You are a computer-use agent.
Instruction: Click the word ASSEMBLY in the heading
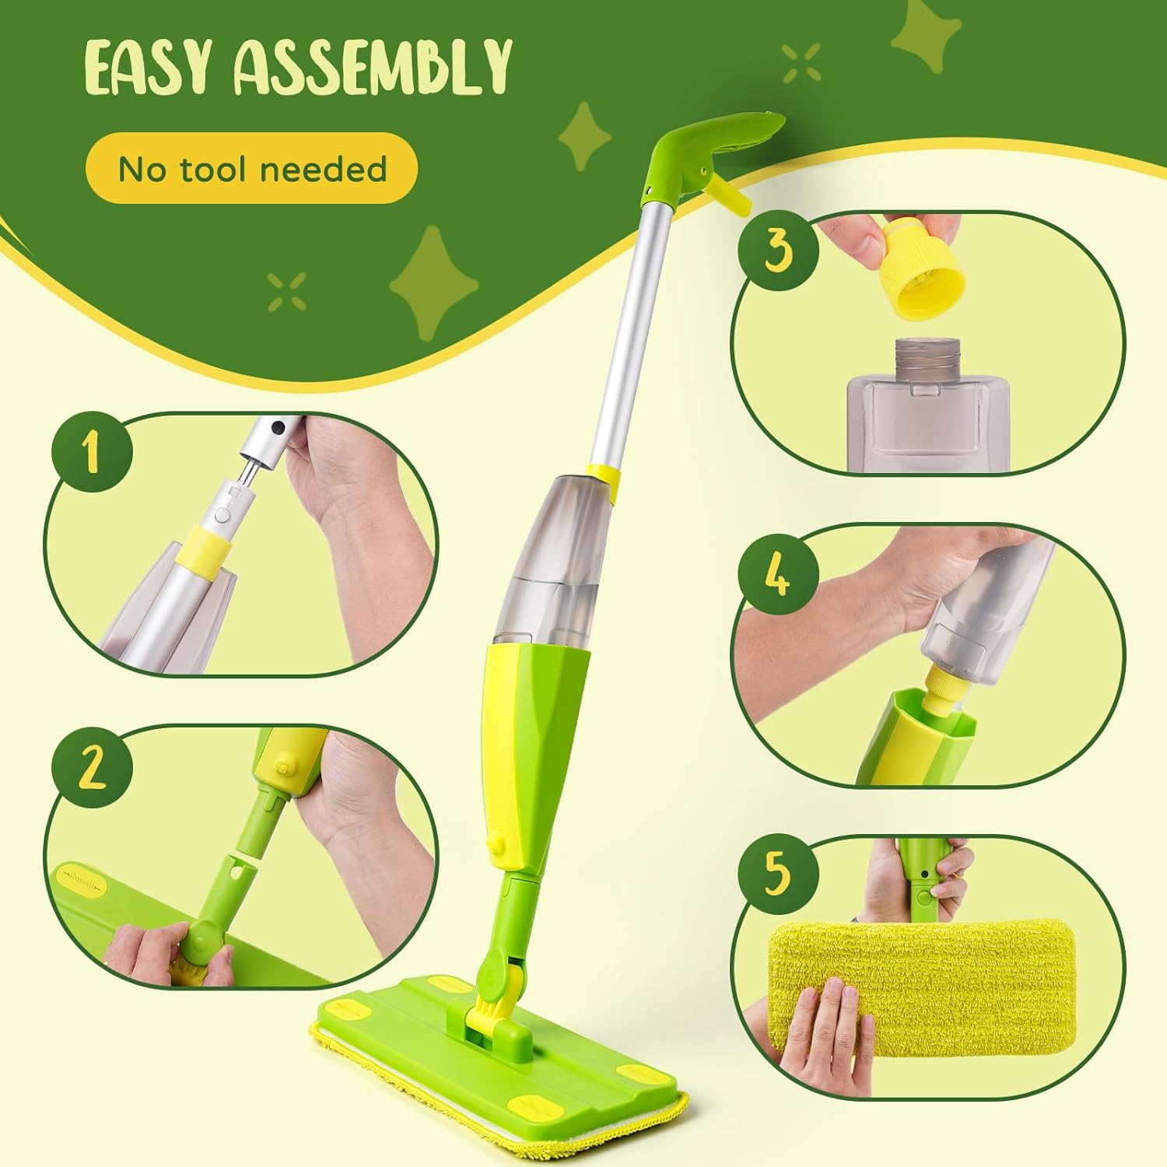373,68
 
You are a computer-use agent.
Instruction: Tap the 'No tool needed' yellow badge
251,169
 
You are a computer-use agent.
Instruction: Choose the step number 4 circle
778,576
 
